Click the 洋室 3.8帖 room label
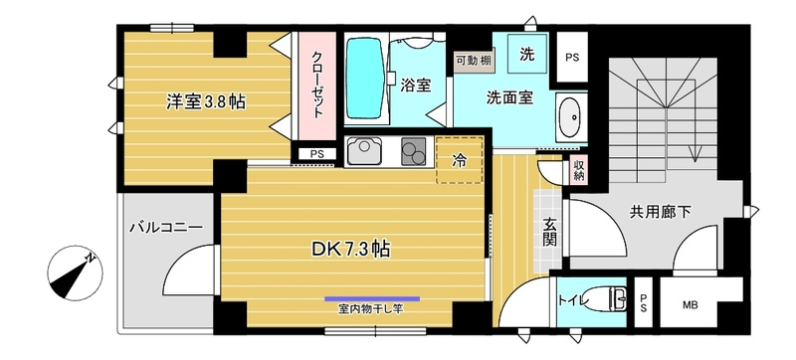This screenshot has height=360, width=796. point(206,100)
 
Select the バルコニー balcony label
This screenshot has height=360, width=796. point(165,228)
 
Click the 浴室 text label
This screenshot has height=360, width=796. point(416,86)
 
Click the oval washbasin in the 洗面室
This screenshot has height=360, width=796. point(570,116)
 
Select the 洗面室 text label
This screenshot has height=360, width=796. point(509,98)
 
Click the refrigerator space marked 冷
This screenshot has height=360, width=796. point(460,158)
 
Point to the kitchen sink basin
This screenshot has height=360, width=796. point(363,152)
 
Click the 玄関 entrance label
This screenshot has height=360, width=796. point(549,234)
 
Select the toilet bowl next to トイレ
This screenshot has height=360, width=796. point(604,298)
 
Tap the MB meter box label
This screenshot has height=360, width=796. point(689,304)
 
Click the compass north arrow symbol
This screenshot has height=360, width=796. point(75,271)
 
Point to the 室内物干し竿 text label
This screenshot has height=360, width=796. point(370,308)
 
